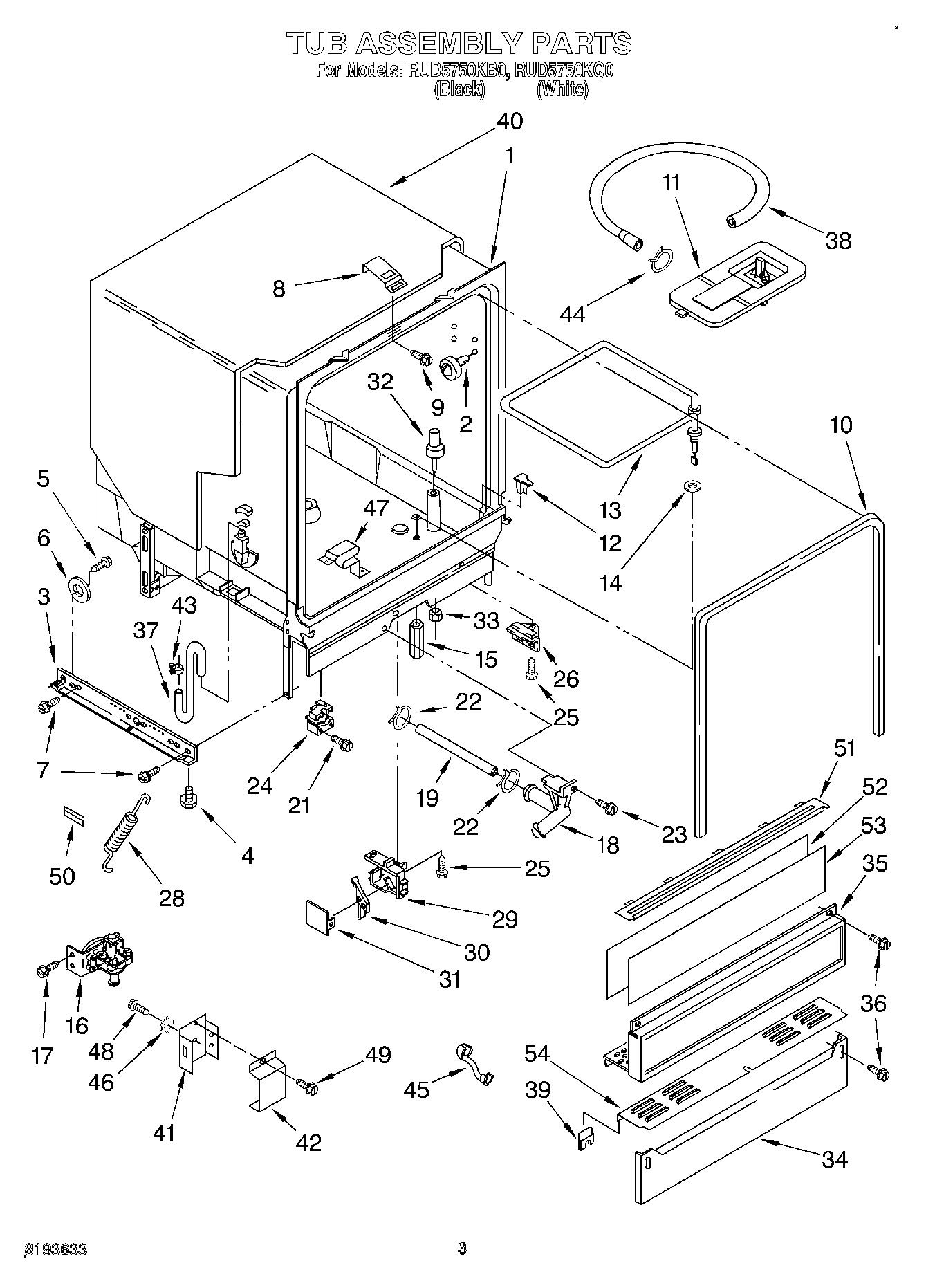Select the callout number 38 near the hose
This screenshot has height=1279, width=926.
(837, 241)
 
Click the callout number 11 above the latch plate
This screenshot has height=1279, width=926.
(670, 183)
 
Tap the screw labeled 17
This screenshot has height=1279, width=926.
(44, 970)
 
